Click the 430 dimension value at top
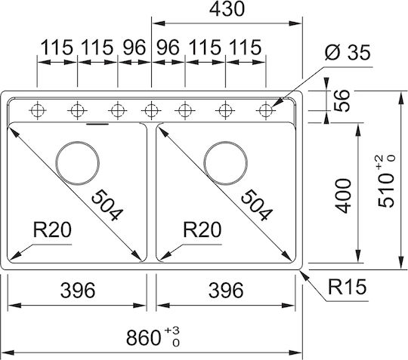[x=227, y=9]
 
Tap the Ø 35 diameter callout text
[x=348, y=53]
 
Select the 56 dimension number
[x=342, y=101]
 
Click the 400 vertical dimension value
[x=343, y=195]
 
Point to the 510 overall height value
[x=387, y=182]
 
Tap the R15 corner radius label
[x=347, y=287]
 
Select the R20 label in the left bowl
[x=52, y=229]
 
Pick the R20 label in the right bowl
[x=202, y=229]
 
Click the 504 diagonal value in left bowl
[x=107, y=205]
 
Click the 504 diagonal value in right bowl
[x=257, y=205]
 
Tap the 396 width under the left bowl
[x=78, y=290]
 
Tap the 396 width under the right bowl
[x=226, y=290]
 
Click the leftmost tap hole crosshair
[x=37, y=110]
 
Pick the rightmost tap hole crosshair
[x=265, y=110]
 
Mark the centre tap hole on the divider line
[x=151, y=110]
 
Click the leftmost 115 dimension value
[x=57, y=48]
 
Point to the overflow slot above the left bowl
[x=97, y=125]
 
